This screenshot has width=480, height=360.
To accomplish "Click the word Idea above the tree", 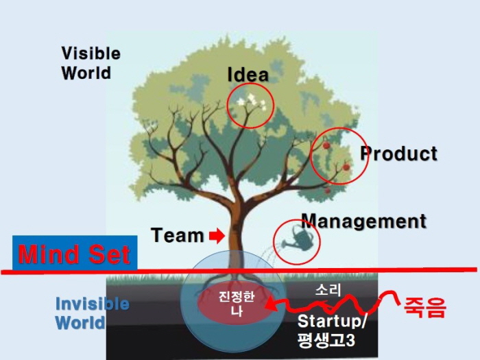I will tap(248, 75).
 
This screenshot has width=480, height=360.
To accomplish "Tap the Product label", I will tap(399, 154).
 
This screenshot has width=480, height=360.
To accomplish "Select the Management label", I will tap(363, 221).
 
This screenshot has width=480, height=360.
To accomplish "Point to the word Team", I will tap(177, 236).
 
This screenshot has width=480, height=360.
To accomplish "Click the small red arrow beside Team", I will tap(217, 237).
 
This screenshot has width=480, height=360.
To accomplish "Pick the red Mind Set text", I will tap(74, 254).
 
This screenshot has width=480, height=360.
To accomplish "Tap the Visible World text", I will tap(91, 63).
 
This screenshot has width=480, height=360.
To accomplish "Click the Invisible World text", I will tap(91, 313).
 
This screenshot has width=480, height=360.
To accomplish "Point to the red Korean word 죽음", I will tap(425, 307).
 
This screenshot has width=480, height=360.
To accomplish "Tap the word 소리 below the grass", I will tap(328, 291).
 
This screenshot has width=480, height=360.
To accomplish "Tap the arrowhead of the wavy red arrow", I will tap(272, 308).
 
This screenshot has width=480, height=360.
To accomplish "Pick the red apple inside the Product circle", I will tap(326, 145).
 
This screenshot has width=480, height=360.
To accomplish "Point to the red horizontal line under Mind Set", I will tap(309, 270).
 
